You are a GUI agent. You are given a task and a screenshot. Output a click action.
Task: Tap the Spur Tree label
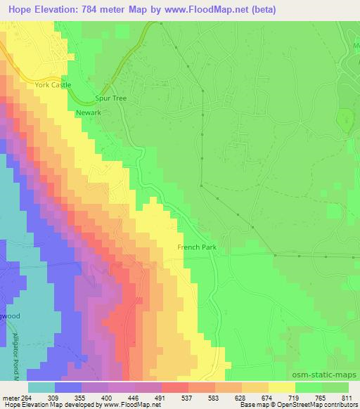[110, 98]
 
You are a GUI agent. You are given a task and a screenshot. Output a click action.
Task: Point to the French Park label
[196, 247]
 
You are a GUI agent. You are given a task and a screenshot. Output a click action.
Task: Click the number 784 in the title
[83, 10]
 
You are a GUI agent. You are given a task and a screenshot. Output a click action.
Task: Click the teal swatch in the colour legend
[41, 387]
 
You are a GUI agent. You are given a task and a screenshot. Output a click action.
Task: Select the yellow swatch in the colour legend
[281, 387]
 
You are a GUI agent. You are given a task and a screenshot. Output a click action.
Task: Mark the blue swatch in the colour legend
[67, 387]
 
